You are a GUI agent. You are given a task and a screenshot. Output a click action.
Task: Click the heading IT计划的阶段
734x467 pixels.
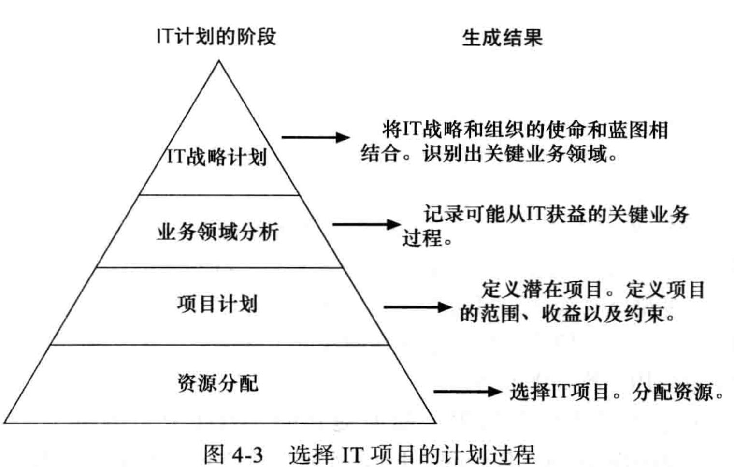[x=216, y=37]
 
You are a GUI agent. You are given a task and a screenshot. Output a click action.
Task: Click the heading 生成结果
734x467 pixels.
[x=502, y=38]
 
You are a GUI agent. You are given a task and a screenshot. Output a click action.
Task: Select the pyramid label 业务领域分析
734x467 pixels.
[x=217, y=232]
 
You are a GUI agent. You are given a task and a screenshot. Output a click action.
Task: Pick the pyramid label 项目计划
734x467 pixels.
[x=217, y=305]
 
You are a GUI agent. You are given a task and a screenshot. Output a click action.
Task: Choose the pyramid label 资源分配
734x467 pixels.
[x=217, y=383]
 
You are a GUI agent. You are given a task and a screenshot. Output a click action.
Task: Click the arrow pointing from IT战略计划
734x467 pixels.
[x=315, y=138]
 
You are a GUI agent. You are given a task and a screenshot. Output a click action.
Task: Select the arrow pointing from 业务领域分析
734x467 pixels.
[x=367, y=225]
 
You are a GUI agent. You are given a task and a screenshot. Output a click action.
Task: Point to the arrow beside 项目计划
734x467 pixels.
[x=417, y=307]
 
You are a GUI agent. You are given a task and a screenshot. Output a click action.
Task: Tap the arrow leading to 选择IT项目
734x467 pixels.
[x=468, y=392]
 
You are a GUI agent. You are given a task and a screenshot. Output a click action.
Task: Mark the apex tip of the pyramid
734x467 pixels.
[x=219, y=61]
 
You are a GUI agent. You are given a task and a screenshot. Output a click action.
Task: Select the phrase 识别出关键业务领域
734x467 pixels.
[x=515, y=154]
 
